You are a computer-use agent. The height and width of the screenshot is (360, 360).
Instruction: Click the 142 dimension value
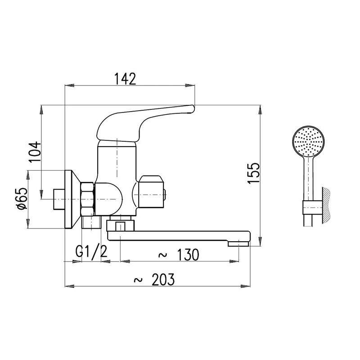pos(125,79)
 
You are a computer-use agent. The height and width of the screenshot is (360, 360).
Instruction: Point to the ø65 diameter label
pos(22,199)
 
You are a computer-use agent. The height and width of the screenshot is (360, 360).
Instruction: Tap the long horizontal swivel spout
pos(180,236)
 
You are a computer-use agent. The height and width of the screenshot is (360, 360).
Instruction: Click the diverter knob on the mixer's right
pos(153,191)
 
